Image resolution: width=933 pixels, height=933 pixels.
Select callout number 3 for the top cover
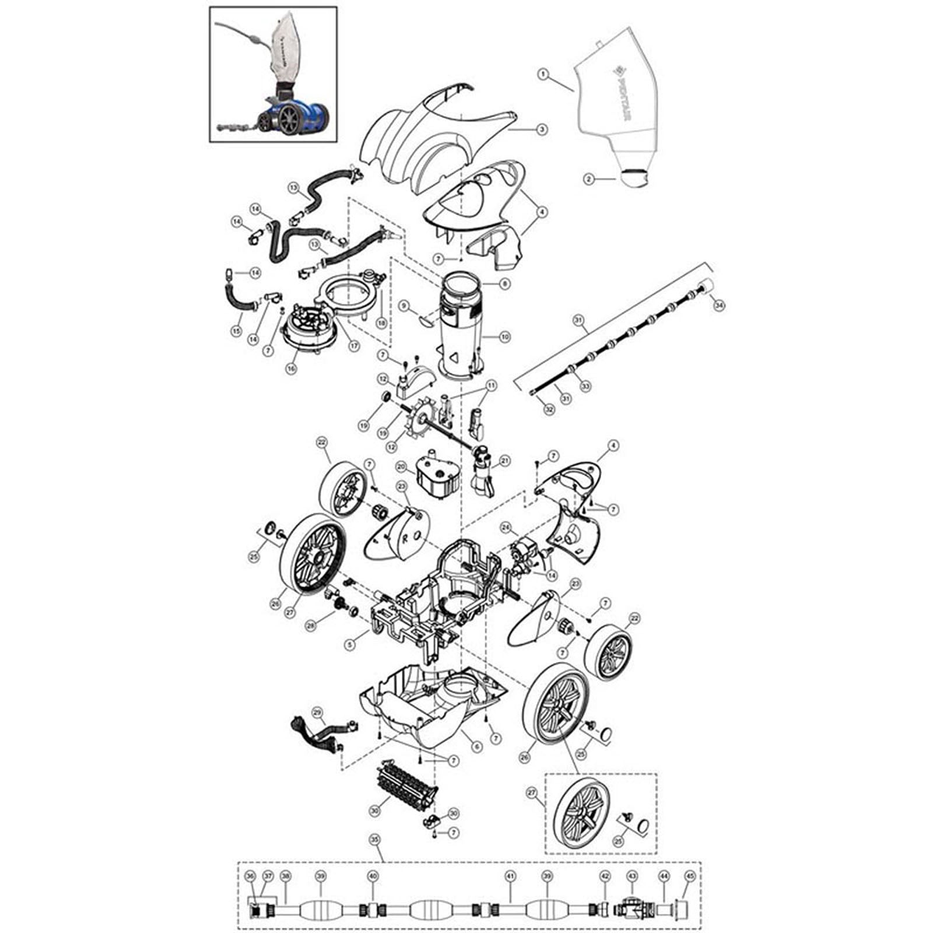(542, 129)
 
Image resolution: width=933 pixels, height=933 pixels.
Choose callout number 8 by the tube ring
(505, 283)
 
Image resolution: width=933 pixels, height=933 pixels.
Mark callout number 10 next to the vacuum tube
(505, 337)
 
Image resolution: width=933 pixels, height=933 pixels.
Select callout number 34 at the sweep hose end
(718, 304)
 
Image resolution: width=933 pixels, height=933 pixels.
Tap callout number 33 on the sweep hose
(585, 386)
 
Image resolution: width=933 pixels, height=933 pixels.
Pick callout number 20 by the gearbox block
(401, 467)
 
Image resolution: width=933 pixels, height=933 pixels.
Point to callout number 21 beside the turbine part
(505, 461)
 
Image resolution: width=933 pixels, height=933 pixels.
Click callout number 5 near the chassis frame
(350, 644)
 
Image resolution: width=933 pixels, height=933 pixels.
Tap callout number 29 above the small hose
(317, 712)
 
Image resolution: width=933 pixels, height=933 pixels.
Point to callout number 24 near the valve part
(506, 528)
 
